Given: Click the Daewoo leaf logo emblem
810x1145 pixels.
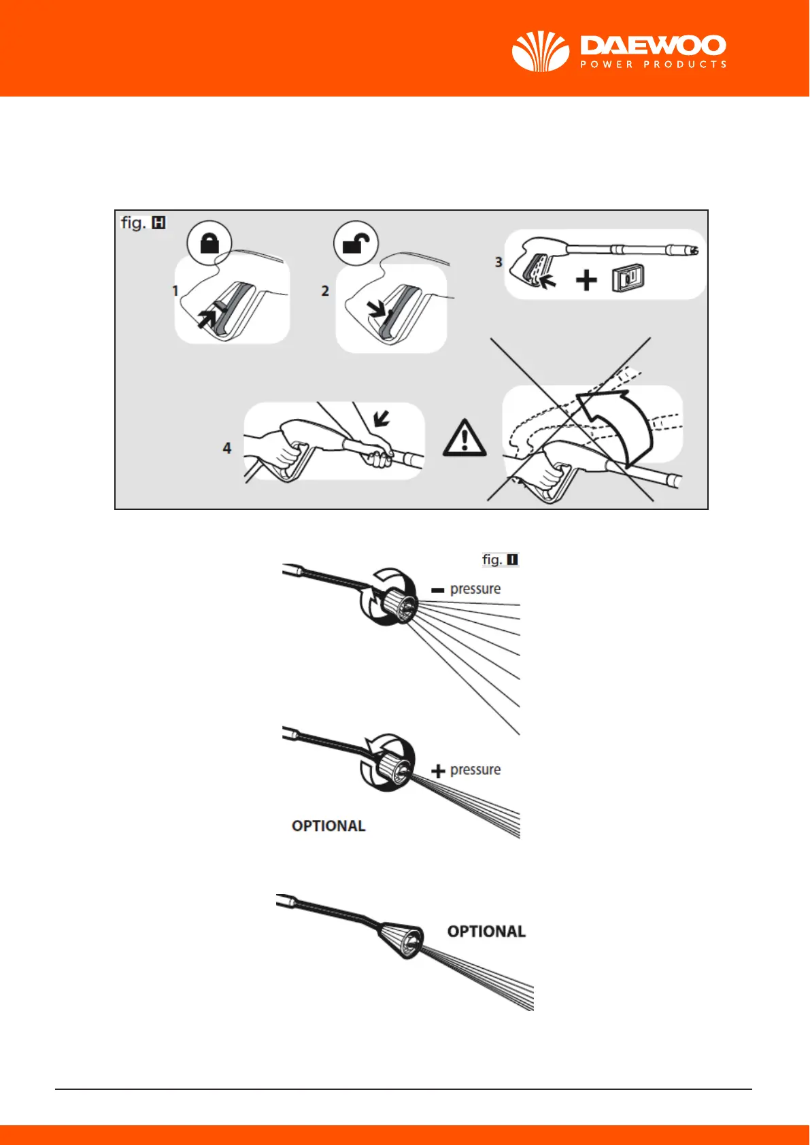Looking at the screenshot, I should (x=540, y=51).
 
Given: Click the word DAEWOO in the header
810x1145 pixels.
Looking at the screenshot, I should (x=653, y=46).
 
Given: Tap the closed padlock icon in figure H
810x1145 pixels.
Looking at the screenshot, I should (x=209, y=243).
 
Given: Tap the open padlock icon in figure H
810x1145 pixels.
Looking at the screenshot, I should (x=356, y=243).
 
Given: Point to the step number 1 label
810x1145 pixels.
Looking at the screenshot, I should (x=175, y=291).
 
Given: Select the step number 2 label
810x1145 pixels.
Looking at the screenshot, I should (x=325, y=291).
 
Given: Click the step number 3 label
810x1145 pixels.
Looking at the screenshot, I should (x=499, y=262).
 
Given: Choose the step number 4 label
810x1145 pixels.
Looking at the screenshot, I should (x=227, y=448).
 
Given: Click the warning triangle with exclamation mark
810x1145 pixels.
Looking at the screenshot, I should (x=465, y=438).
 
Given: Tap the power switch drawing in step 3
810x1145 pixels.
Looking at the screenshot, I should (x=628, y=279).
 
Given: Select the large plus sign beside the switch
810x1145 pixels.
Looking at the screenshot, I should (x=586, y=280).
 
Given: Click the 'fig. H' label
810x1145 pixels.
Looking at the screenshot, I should (x=143, y=222).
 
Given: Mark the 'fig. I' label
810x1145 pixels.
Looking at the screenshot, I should (x=500, y=560).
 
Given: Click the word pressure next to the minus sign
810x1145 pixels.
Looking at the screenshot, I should (x=475, y=589).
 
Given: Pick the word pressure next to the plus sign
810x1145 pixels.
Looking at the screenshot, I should (x=475, y=770).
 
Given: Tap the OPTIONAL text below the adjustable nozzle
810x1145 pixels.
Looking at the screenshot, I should (x=328, y=825).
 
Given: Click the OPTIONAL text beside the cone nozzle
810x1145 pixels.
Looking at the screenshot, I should (x=486, y=932).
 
